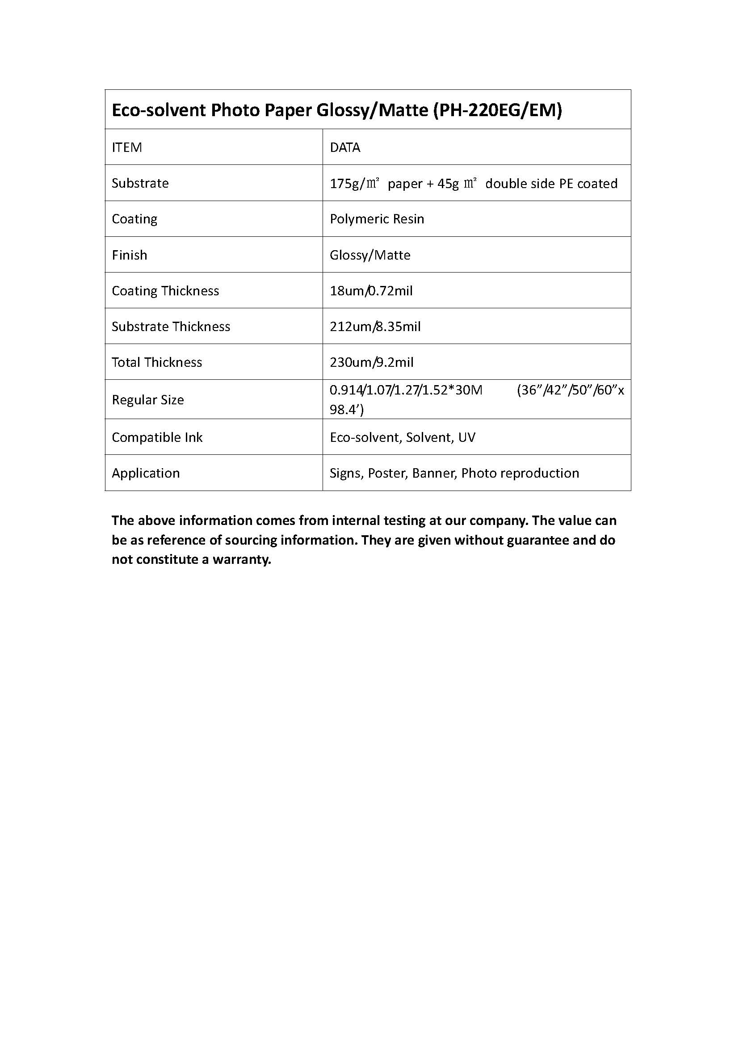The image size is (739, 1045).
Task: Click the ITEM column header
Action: coord(127,147)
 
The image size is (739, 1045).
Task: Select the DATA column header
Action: coord(345,147)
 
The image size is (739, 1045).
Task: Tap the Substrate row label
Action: coord(140,183)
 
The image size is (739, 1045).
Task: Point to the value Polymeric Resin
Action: coord(377,219)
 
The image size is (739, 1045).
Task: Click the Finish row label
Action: coord(130,255)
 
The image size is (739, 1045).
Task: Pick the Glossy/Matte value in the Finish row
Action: coord(370,255)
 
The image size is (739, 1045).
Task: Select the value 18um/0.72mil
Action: coord(371,291)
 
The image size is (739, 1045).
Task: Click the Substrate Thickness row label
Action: coord(171,326)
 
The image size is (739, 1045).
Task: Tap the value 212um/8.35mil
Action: coord(375,326)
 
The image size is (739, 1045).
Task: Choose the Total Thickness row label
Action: coord(157,362)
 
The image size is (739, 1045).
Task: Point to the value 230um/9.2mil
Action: coord(371,362)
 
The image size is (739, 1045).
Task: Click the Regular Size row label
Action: coord(148,400)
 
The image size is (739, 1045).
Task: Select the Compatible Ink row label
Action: coord(157,437)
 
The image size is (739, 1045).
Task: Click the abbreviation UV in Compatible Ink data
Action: coord(467,437)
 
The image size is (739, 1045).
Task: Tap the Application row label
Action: coord(146,473)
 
